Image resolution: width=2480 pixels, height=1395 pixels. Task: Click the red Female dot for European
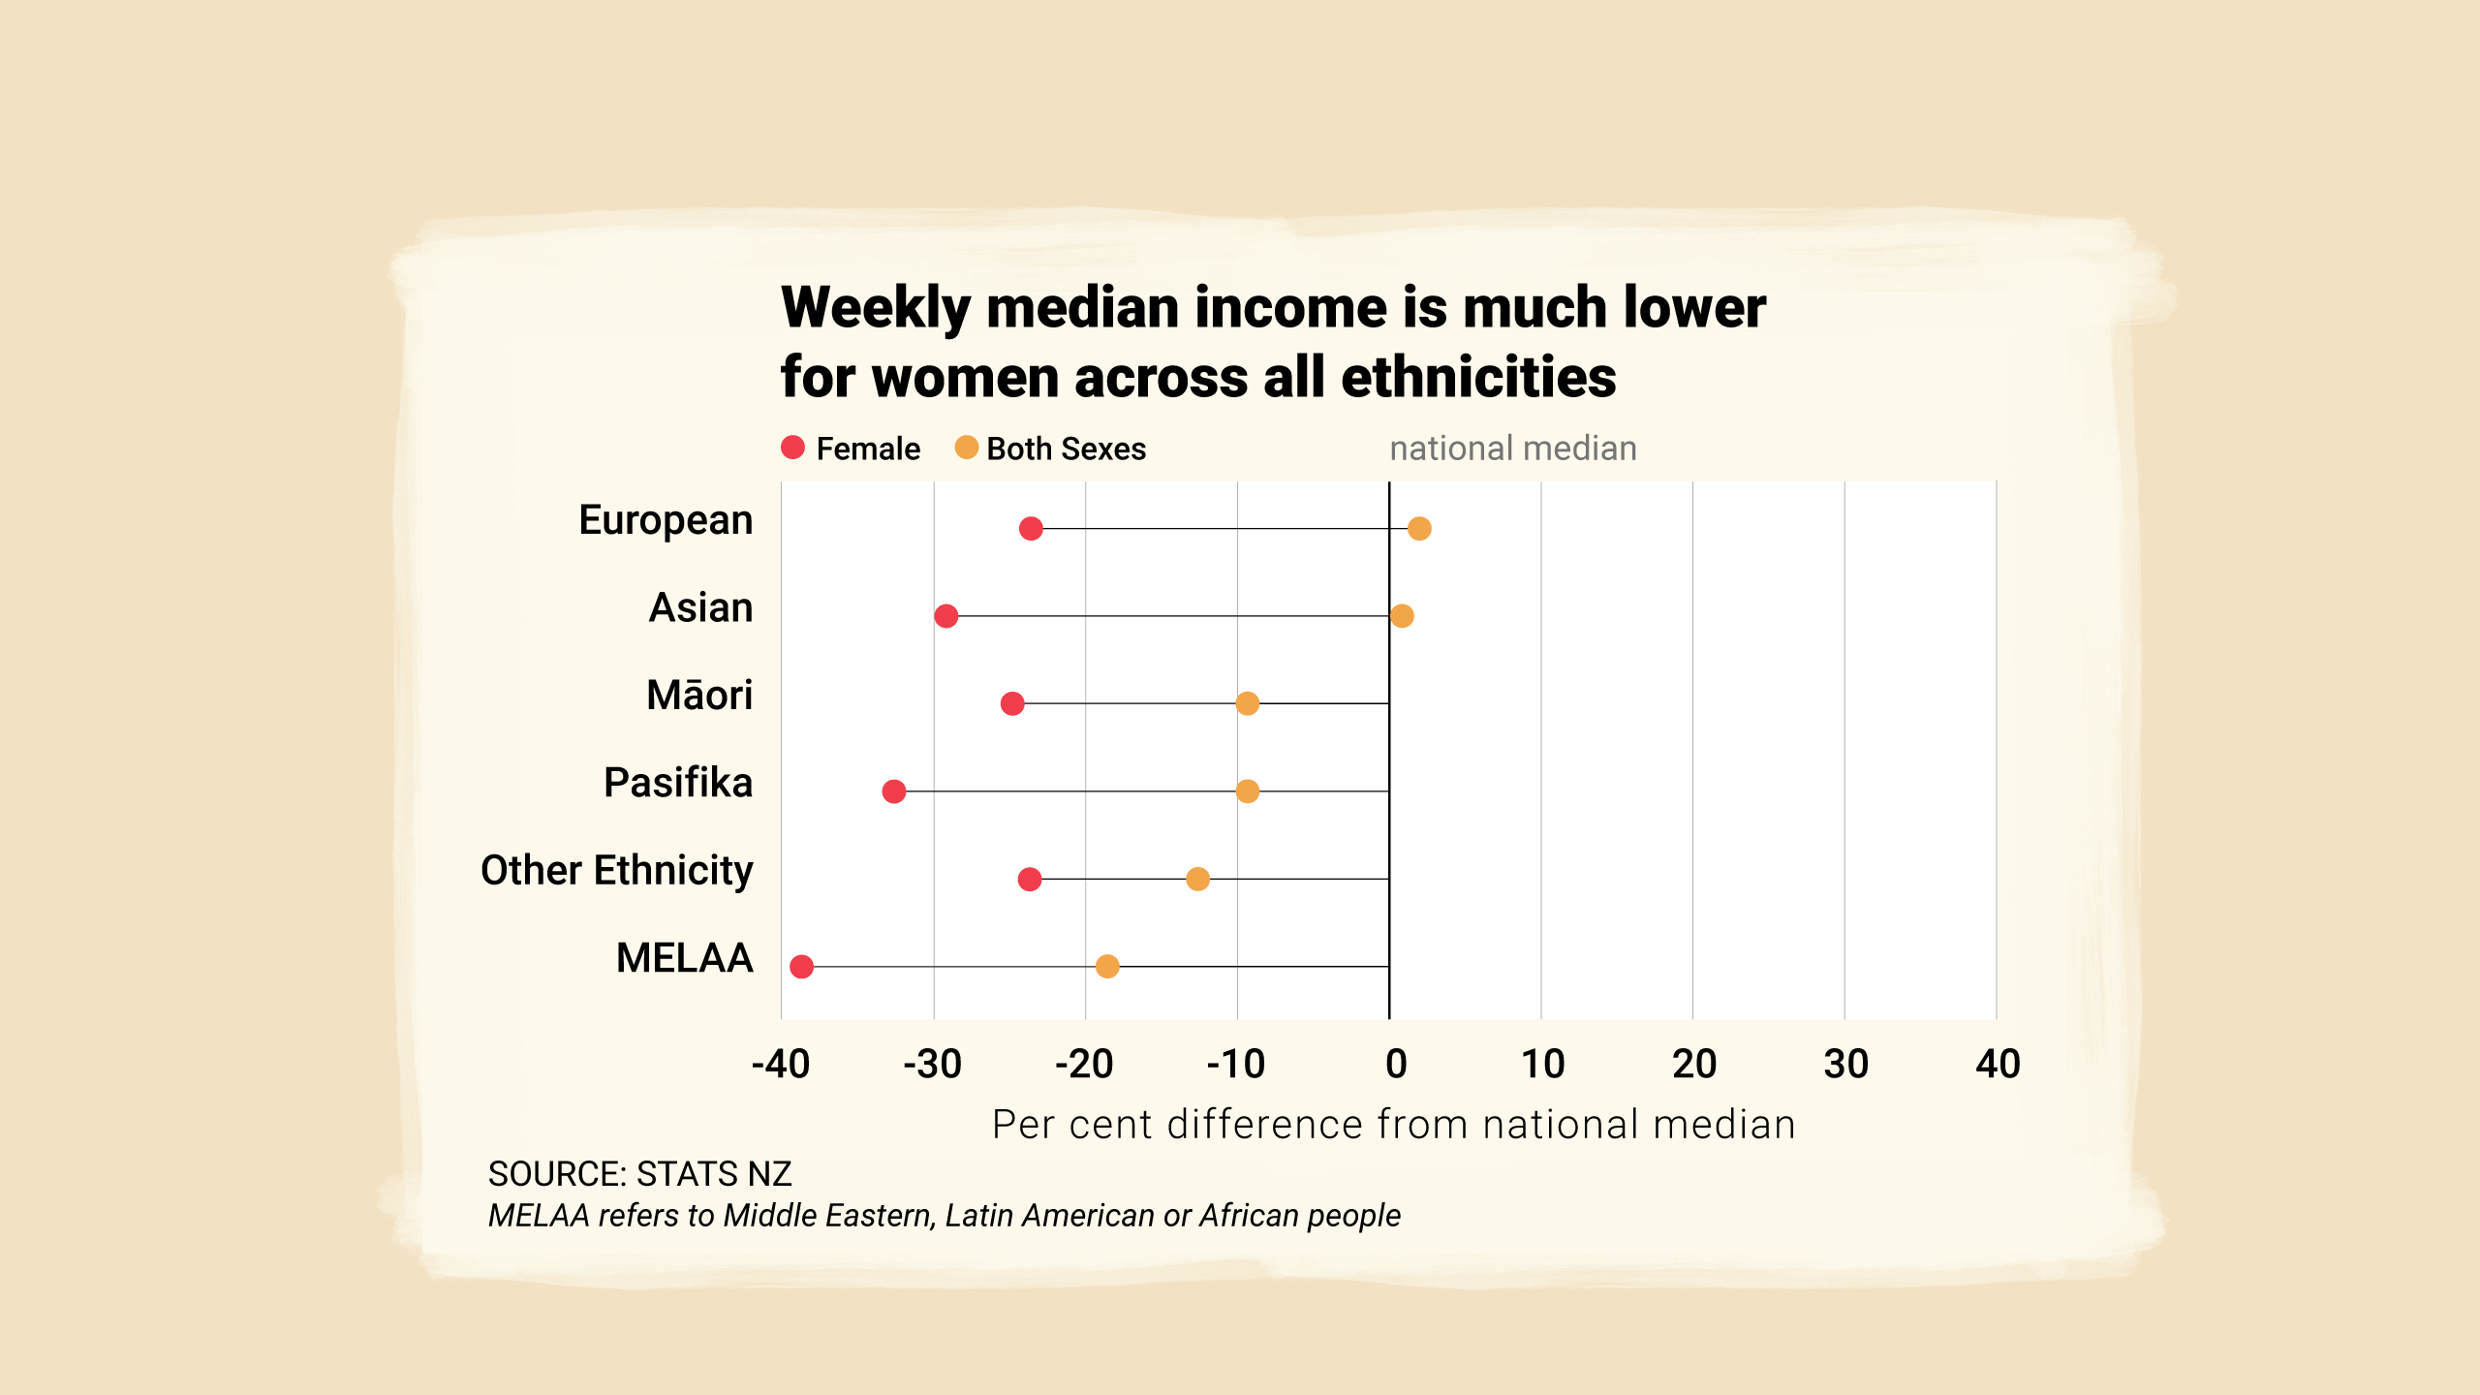(1031, 529)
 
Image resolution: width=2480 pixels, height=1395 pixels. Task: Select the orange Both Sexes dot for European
(1419, 529)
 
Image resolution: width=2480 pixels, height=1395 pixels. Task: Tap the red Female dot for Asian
(946, 616)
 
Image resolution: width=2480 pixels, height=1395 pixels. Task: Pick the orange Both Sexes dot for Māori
(1248, 703)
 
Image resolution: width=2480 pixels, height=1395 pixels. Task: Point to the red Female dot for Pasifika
(894, 791)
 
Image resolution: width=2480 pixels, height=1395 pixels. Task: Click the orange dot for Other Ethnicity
(1198, 879)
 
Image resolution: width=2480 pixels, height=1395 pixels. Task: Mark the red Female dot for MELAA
(802, 967)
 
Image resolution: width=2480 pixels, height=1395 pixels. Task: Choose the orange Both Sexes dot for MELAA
(1107, 967)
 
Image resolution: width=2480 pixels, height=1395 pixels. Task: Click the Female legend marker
(793, 448)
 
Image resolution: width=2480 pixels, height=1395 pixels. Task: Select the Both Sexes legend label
(1066, 449)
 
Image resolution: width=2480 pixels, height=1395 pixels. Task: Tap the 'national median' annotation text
(1513, 449)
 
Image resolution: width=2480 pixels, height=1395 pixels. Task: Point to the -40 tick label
(781, 1065)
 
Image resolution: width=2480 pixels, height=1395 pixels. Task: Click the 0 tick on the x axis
(1396, 1065)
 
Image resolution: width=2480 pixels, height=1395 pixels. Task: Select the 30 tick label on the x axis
(1845, 1065)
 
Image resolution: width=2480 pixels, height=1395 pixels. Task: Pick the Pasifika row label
(678, 783)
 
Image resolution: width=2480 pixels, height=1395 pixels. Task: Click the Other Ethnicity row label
(617, 871)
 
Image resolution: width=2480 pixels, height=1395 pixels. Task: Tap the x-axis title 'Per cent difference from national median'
(1394, 1125)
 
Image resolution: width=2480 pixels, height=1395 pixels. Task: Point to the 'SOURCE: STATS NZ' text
(640, 1174)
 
